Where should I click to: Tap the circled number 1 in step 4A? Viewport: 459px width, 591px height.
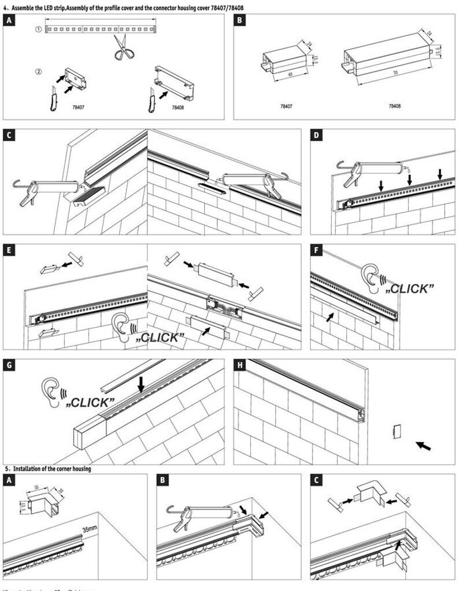38,28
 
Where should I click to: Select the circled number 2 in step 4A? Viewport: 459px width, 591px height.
38,72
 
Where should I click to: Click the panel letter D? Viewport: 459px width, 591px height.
316,136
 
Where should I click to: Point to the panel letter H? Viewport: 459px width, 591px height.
240,365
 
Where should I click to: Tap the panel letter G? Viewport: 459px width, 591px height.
9,365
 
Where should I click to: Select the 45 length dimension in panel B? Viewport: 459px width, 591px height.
282,74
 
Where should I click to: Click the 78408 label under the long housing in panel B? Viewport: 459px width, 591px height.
394,107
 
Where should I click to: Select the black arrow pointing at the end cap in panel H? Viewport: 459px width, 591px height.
423,446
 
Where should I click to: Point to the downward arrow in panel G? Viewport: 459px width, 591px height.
141,384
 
